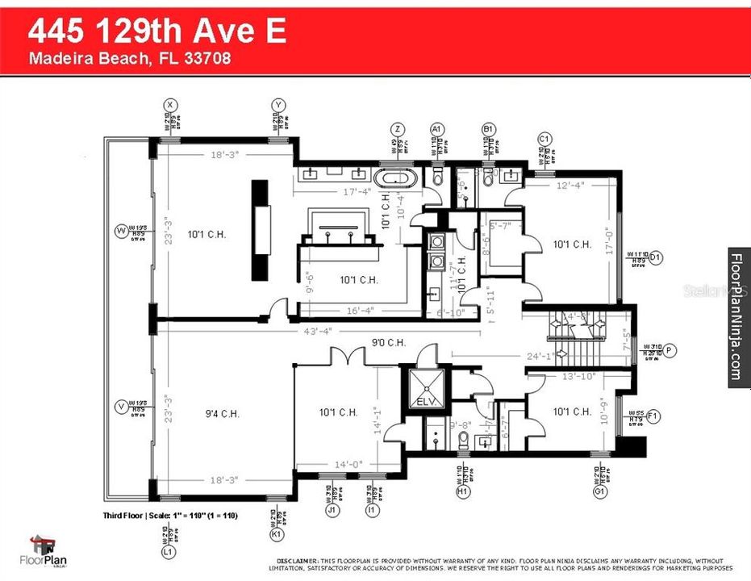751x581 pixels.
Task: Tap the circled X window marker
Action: tap(169, 105)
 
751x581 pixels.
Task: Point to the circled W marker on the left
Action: tap(122, 230)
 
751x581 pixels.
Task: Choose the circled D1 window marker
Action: tap(655, 257)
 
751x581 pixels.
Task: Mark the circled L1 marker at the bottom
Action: tap(169, 552)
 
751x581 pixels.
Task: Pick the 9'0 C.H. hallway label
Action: tap(388, 342)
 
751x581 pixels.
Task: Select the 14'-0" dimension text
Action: tap(348, 464)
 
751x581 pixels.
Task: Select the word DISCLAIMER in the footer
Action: tap(298, 560)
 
